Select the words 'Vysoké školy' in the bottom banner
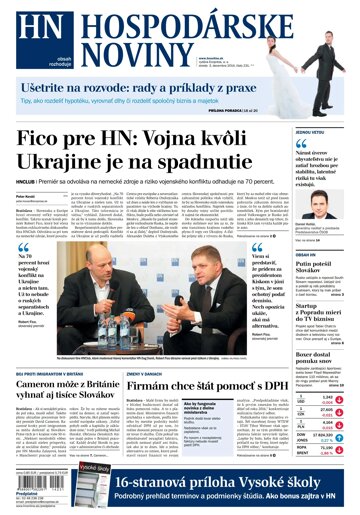click(x=291, y=479)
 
